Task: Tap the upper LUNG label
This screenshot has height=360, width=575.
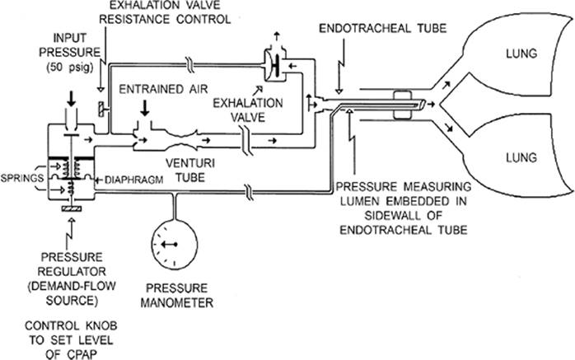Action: coord(521,54)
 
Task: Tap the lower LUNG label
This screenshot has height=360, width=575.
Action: coord(521,158)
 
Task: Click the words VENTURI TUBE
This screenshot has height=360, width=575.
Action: coord(190,170)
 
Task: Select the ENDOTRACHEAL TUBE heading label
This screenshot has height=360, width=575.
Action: coord(383,28)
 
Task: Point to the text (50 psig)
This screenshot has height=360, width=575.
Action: coord(70,68)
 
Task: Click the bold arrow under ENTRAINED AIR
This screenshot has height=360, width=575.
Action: coord(146,108)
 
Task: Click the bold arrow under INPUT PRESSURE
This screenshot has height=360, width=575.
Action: coord(72,98)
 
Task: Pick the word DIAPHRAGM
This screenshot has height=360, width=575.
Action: coord(133,180)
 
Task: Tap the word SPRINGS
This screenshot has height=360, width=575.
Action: coord(22,179)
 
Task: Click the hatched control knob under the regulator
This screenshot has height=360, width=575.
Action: coord(72,209)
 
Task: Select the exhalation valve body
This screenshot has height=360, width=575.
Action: coord(276,65)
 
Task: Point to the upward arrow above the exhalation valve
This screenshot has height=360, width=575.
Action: coord(277,37)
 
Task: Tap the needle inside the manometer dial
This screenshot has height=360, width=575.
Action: coord(169,244)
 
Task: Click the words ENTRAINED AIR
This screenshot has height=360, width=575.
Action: coord(163,89)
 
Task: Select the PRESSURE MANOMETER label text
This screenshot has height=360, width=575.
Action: coord(177,296)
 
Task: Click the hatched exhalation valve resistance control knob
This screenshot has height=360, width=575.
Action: coord(101,109)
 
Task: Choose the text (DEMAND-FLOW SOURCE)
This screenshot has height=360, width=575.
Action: coord(72,293)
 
